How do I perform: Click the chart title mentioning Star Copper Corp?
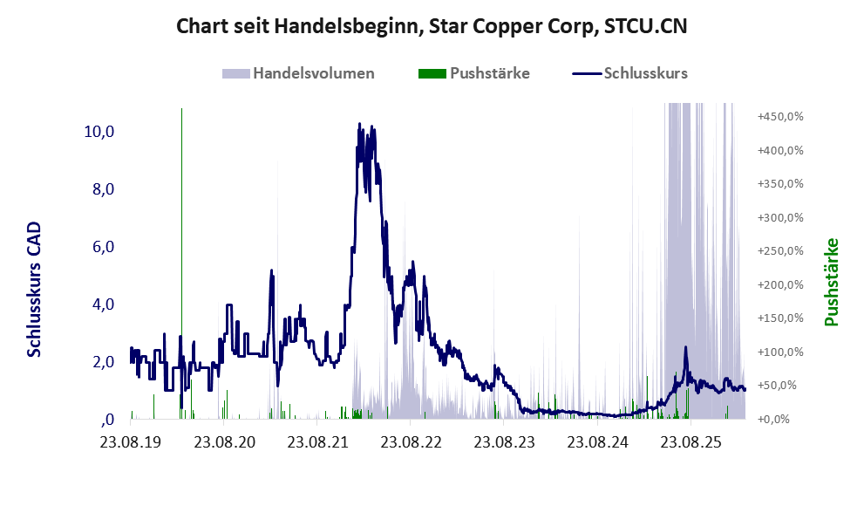point(432,26)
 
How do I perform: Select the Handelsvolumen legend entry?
point(298,73)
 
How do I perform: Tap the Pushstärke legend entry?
point(474,73)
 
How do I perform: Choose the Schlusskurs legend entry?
point(629,73)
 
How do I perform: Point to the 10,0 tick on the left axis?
point(99,131)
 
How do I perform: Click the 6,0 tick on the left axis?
point(104,247)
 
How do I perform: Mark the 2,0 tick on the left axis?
point(104,362)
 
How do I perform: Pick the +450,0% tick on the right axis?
point(780,116)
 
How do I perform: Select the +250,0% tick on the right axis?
point(780,251)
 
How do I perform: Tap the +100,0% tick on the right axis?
point(780,352)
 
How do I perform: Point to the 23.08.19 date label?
point(131,442)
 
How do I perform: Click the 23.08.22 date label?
point(411,442)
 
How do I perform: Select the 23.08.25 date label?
point(691,442)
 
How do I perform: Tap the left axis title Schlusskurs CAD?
point(34,289)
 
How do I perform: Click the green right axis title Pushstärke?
point(831,282)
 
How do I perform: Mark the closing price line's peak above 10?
point(360,124)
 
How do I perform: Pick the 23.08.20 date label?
point(224,442)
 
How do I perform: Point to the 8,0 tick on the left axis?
point(104,189)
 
